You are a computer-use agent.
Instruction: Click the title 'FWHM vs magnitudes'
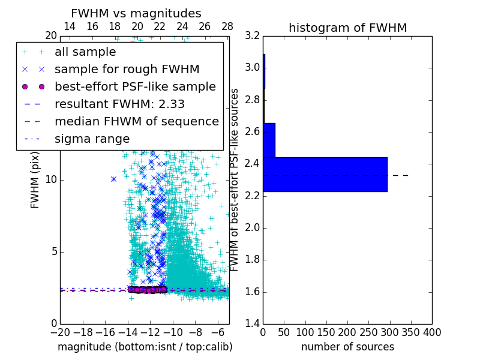click(x=136, y=13)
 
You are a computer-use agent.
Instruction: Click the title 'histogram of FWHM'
click(x=347, y=28)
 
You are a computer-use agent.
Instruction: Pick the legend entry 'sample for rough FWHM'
click(x=127, y=70)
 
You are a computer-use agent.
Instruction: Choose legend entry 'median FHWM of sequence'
click(x=136, y=122)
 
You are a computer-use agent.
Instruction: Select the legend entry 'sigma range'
click(x=92, y=139)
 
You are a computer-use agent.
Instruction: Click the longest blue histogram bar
click(x=325, y=175)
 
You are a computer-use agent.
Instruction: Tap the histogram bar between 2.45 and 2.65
click(x=269, y=140)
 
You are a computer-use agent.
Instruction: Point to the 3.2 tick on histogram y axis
click(x=252, y=35)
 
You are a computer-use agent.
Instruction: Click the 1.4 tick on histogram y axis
click(x=252, y=323)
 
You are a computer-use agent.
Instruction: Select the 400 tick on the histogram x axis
click(x=432, y=332)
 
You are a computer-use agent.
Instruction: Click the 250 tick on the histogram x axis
click(x=368, y=332)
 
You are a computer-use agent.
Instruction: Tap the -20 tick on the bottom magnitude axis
click(x=60, y=332)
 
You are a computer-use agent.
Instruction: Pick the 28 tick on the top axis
click(x=227, y=26)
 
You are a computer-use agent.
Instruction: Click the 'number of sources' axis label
click(x=347, y=347)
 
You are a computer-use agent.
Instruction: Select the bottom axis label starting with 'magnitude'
click(x=145, y=347)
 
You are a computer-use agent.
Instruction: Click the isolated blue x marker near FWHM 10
click(x=113, y=179)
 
